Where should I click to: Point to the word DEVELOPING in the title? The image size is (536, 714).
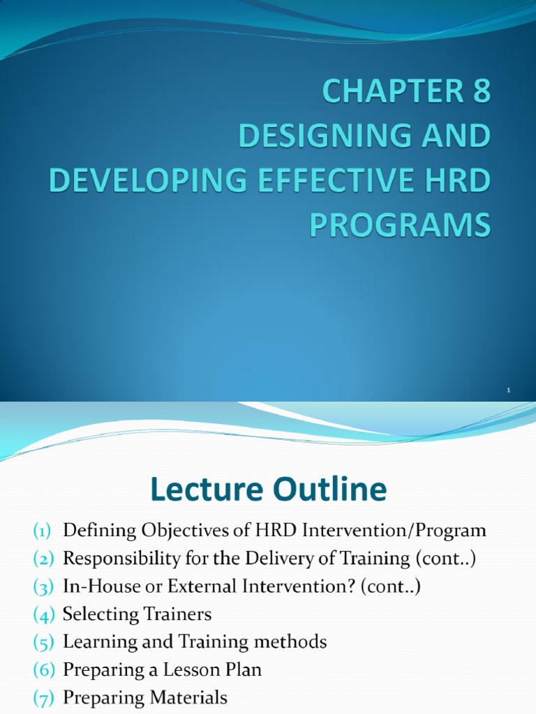pyautogui.click(x=140, y=181)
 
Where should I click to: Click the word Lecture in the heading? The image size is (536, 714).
pyautogui.click(x=205, y=490)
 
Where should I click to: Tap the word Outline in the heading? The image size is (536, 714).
pyautogui.click(x=328, y=490)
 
